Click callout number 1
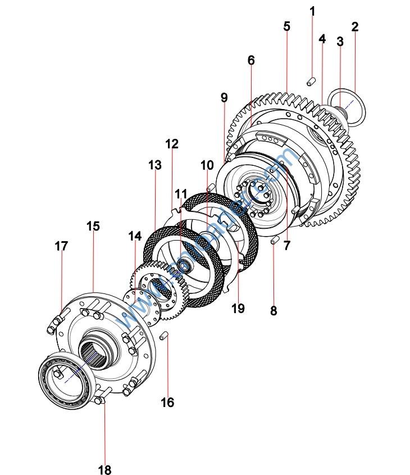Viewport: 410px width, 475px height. pyautogui.click(x=312, y=11)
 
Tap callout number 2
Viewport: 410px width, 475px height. pyautogui.click(x=354, y=26)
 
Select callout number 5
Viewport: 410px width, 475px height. pyautogui.click(x=286, y=26)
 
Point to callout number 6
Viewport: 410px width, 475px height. pyautogui.click(x=250, y=60)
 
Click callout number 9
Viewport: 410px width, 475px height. pyautogui.click(x=224, y=97)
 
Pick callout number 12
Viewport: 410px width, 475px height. pyautogui.click(x=172, y=144)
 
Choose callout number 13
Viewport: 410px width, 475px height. pyautogui.click(x=154, y=165)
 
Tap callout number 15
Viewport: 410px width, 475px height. pyautogui.click(x=93, y=226)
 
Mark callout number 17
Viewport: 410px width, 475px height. pyautogui.click(x=61, y=246)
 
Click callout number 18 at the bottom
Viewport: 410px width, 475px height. pyautogui.click(x=105, y=469)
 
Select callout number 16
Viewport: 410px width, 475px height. pyautogui.click(x=167, y=402)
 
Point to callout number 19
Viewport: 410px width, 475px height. pyautogui.click(x=238, y=307)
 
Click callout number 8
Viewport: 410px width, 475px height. pyautogui.click(x=274, y=310)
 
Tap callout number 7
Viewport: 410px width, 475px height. pyautogui.click(x=287, y=245)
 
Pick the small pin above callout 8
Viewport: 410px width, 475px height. pyautogui.click(x=274, y=240)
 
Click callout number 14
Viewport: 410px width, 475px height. pyautogui.click(x=135, y=236)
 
